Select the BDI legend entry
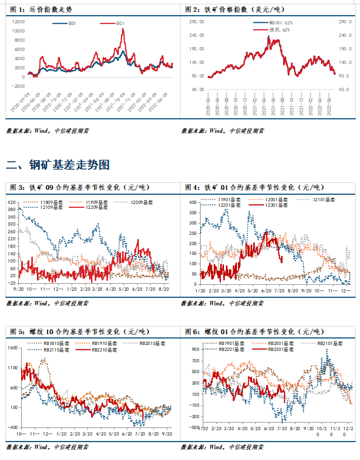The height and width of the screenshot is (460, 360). [x=68, y=23]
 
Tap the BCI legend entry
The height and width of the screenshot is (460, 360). [x=114, y=23]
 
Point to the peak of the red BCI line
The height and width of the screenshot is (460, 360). [x=123, y=29]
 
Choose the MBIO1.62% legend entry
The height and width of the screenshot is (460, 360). [x=280, y=23]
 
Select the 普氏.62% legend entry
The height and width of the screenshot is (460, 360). [x=279, y=29]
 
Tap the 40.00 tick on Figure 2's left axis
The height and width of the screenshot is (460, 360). [x=196, y=89]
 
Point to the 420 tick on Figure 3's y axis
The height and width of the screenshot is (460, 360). [x=12, y=202]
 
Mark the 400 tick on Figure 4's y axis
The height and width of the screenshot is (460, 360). [x=192, y=202]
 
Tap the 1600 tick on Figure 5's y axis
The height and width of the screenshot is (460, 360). [x=11, y=347]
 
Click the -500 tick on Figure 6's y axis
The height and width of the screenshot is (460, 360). [x=193, y=427]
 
